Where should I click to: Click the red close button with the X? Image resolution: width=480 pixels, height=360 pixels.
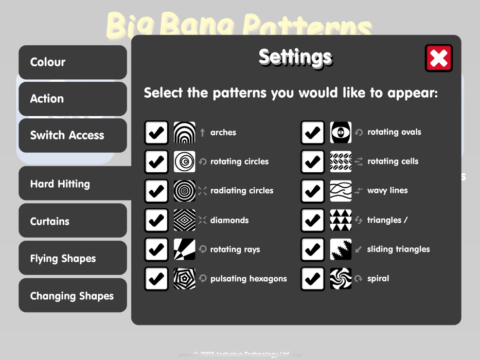(438, 58)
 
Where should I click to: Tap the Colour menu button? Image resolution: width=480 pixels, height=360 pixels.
(73, 62)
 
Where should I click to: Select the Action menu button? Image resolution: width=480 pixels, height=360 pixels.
(73, 99)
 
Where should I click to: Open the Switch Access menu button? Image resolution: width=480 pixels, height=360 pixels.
(73, 135)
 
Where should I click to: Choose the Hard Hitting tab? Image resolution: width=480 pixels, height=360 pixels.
(73, 184)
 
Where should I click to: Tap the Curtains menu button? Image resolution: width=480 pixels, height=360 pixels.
(73, 221)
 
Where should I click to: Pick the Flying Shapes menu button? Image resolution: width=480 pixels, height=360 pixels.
(73, 258)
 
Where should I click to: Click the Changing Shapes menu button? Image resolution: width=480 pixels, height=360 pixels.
(73, 296)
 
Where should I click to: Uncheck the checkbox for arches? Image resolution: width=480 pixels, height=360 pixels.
(156, 133)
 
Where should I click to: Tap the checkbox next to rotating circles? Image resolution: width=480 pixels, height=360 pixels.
(156, 161)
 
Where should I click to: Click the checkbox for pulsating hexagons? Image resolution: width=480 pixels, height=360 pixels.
(156, 279)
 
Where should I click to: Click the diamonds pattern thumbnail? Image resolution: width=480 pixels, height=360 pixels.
(185, 220)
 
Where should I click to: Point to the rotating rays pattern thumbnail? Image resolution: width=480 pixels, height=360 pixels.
(185, 249)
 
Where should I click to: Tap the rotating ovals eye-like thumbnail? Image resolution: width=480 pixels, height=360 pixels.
(341, 133)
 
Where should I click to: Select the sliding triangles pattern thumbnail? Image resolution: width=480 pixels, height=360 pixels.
(341, 249)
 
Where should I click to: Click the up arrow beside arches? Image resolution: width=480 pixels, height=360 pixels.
(203, 133)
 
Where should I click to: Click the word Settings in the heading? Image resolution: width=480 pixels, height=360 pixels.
(295, 57)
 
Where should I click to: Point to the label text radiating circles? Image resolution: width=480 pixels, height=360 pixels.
(242, 191)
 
